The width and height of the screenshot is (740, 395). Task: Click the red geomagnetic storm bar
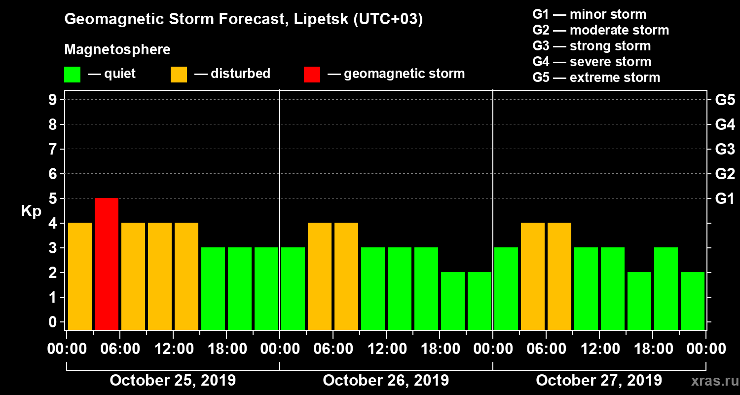pos(107,264)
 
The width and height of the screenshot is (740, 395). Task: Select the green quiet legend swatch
pos(72,75)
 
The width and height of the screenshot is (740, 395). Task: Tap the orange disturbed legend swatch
pos(179,75)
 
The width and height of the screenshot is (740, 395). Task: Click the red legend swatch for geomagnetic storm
pos(312,75)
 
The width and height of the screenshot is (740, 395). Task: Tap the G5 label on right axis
pos(725,100)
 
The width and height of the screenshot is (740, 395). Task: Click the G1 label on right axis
pos(725,199)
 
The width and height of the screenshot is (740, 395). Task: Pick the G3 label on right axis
pos(725,150)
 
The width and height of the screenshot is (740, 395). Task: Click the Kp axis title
pos(31,211)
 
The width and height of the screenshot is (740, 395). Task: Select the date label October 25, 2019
pos(173,381)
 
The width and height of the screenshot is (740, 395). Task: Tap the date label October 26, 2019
pos(386,381)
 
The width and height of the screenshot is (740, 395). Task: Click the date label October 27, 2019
pos(599,381)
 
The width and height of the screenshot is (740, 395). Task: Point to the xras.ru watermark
pos(710,381)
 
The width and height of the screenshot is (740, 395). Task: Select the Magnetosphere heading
pos(117,50)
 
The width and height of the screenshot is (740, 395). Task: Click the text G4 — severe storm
pos(592,62)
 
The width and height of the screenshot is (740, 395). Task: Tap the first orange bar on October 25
pos(80,276)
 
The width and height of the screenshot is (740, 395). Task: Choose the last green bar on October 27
pos(693,301)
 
